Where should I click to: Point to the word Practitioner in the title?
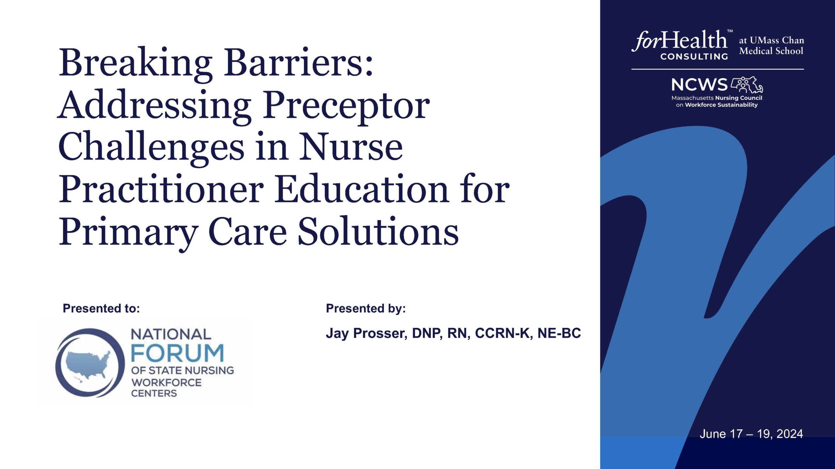pos(161,189)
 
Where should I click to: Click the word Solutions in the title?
pos(378,231)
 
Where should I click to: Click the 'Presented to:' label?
pos(101,308)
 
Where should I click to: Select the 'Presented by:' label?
pos(366,308)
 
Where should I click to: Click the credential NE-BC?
pos(559,333)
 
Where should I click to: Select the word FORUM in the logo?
pos(177,353)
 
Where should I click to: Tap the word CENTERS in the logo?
pos(154,393)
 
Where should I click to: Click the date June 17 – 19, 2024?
pos(751,434)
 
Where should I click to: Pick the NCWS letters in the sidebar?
pos(699,85)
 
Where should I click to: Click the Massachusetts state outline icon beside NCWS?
pos(747,85)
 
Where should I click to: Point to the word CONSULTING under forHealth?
pos(694,57)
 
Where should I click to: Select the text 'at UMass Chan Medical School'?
pos(771,46)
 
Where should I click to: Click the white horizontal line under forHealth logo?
pos(718,69)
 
